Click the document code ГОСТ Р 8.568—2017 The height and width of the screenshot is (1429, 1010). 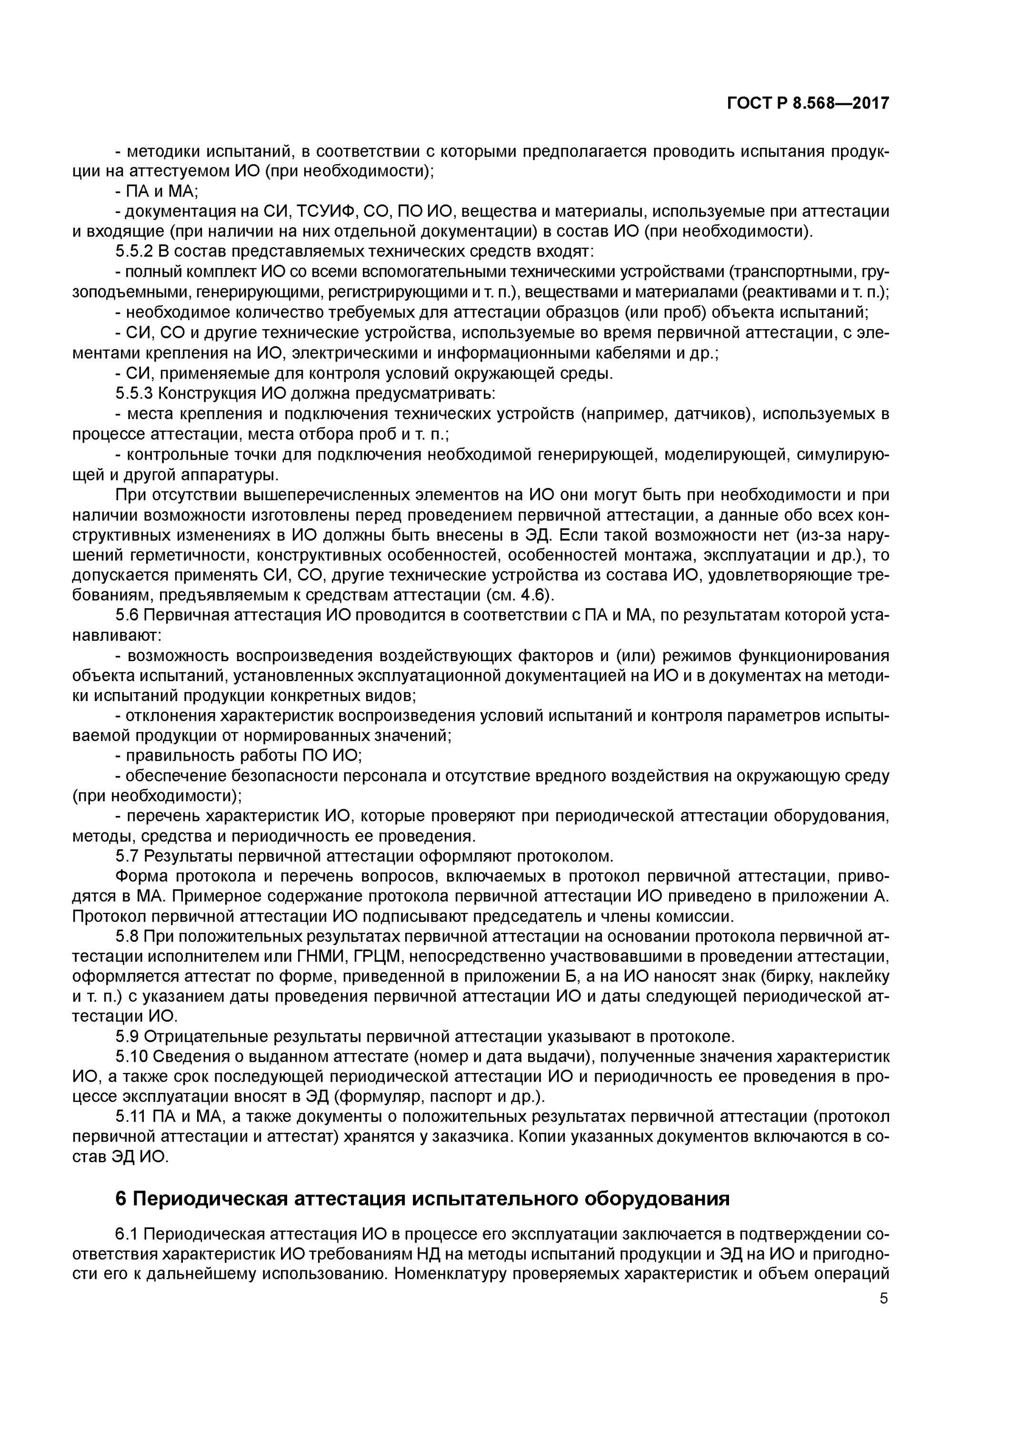tap(808, 103)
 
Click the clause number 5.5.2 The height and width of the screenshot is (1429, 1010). tap(134, 252)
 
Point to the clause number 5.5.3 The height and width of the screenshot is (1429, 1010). tap(134, 394)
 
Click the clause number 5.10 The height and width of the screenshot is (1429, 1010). tap(132, 1057)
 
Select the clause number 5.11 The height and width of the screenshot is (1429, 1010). tap(131, 1117)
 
